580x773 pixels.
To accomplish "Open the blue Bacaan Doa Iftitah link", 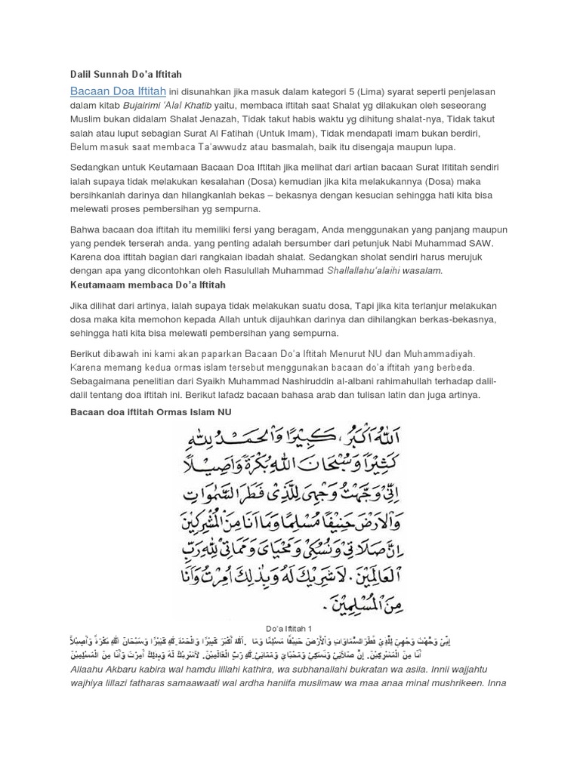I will click(x=118, y=91).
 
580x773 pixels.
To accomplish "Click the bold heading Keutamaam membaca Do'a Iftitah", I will click(x=147, y=285).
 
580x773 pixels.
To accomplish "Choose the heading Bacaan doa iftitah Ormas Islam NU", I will click(x=150, y=411).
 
